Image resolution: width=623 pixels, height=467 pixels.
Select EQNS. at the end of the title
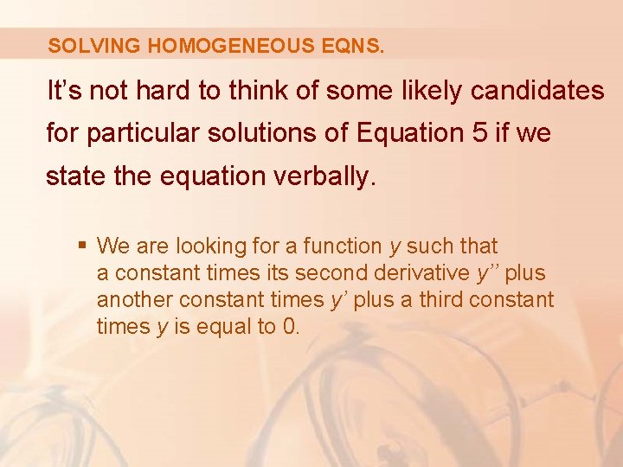[x=355, y=45]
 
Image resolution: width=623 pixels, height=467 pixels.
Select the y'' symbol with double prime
[x=488, y=273]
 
